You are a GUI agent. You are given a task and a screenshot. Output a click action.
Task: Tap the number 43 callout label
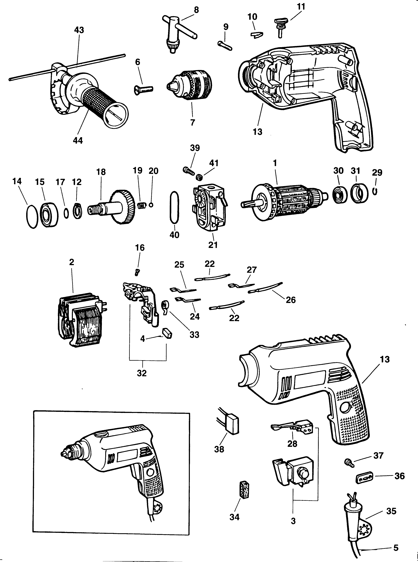79,30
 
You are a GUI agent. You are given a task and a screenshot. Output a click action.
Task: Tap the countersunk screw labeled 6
143,89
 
